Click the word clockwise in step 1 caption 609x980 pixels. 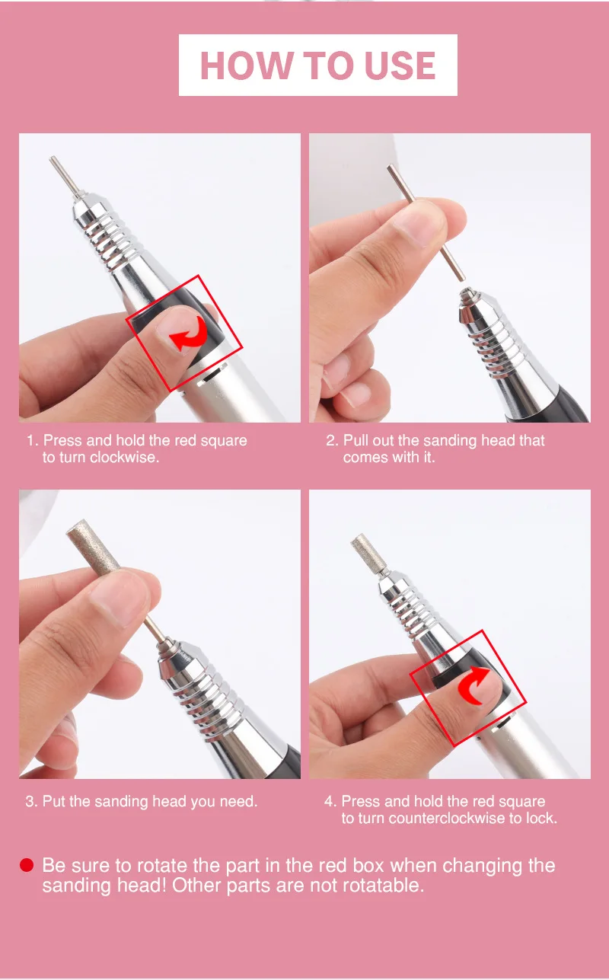tap(123, 458)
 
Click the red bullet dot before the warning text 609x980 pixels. tap(27, 866)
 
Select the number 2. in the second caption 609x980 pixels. tap(332, 441)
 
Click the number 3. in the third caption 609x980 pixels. tap(31, 802)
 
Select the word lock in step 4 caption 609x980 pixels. tap(544, 819)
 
